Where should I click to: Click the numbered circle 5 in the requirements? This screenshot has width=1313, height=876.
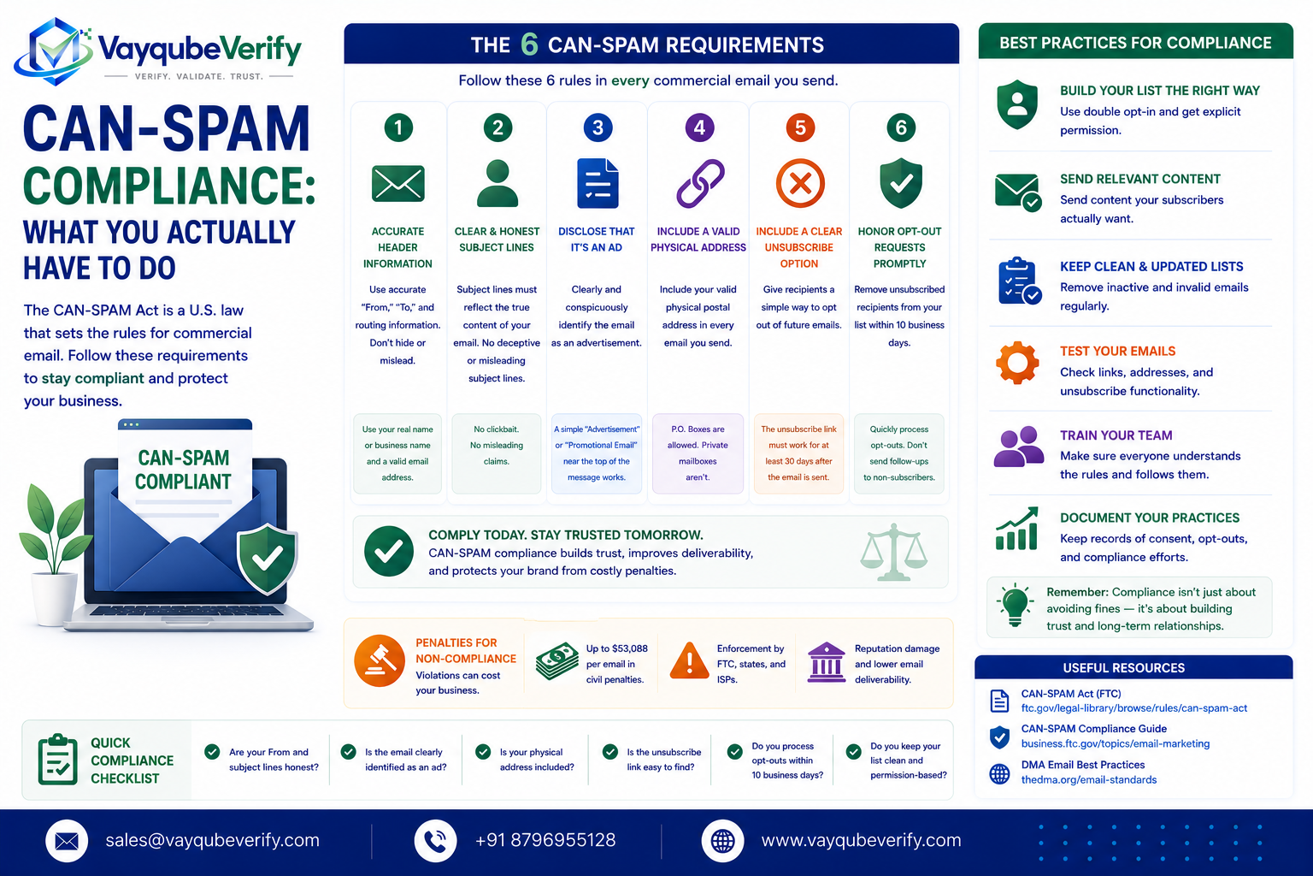point(799,127)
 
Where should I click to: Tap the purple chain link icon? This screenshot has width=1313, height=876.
point(700,183)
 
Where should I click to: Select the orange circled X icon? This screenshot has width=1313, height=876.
point(799,183)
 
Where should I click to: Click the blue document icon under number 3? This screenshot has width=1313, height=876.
point(598,183)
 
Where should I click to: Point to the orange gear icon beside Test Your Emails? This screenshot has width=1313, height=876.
point(1017,363)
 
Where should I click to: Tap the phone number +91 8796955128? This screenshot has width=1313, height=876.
point(545,840)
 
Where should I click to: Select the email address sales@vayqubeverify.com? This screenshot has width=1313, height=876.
point(212,840)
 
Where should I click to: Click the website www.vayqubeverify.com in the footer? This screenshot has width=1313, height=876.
point(861,840)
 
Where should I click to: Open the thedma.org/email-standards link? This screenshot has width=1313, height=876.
point(1088,780)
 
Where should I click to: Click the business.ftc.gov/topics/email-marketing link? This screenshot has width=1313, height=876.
point(1115,744)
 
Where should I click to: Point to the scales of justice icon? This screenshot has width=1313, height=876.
point(893,552)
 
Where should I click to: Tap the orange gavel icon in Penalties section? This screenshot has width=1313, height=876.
point(380,660)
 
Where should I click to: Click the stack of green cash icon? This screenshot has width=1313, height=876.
point(556,661)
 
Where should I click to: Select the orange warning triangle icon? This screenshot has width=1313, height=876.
point(689,660)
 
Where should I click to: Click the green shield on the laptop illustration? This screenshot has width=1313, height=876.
point(268,558)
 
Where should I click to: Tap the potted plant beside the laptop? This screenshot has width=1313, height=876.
point(54,553)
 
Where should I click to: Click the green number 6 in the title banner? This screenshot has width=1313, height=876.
point(529,44)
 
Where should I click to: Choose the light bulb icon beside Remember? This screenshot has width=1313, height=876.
point(1015,606)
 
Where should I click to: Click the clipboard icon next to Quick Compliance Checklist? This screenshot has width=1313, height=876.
point(57,760)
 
